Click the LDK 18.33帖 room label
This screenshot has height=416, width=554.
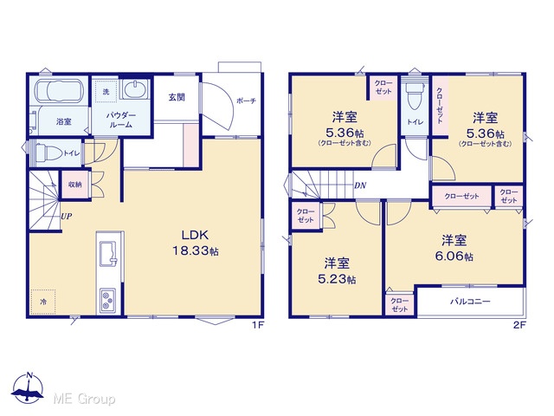pyautogui.click(x=196, y=243)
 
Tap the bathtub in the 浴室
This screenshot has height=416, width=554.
pyautogui.click(x=59, y=90)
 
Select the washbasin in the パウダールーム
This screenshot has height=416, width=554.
pyautogui.click(x=135, y=88)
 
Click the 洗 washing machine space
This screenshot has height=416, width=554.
pyautogui.click(x=106, y=92)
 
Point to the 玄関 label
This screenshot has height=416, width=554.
pyautogui.click(x=177, y=97)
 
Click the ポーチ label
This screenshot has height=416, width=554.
pyautogui.click(x=246, y=101)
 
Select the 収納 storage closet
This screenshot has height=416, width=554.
pyautogui.click(x=75, y=185)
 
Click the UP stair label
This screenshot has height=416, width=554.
pyautogui.click(x=67, y=216)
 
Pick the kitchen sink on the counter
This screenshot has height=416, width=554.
pyautogui.click(x=109, y=254)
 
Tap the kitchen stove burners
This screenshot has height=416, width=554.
pyautogui.click(x=107, y=300)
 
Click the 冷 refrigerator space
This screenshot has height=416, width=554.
pyautogui.click(x=42, y=302)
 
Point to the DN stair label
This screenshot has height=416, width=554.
pyautogui.click(x=360, y=185)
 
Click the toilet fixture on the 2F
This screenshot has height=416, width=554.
pyautogui.click(x=415, y=95)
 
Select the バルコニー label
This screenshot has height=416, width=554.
pyautogui.click(x=470, y=302)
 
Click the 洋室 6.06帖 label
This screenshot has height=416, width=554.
pyautogui.click(x=454, y=248)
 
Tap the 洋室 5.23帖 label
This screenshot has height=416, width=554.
pyautogui.click(x=337, y=270)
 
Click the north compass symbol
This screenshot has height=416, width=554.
pyautogui.click(x=29, y=387)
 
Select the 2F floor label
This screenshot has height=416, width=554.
pyautogui.click(x=519, y=325)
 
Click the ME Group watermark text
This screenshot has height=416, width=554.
pyautogui.click(x=84, y=399)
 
